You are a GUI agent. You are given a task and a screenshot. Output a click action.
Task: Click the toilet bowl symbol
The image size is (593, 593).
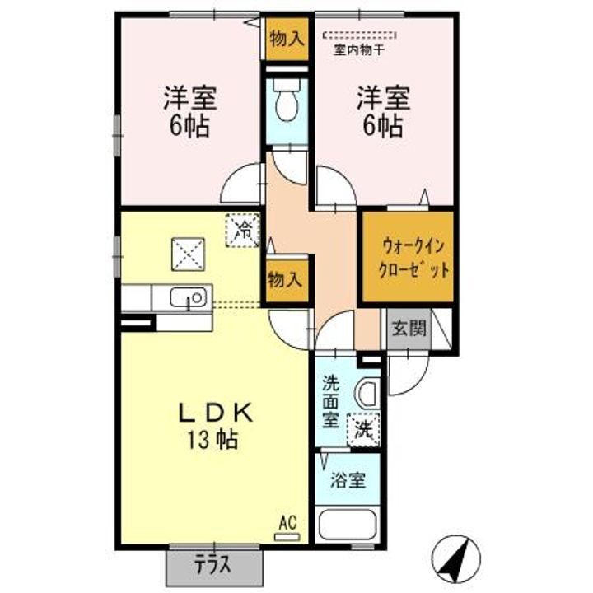pos(287,101)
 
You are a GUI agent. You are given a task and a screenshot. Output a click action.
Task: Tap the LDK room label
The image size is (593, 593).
pos(216,413)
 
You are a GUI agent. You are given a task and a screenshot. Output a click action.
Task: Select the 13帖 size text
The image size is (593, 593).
pos(212,440)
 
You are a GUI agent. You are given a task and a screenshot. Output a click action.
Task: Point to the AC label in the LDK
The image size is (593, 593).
pos(287,524)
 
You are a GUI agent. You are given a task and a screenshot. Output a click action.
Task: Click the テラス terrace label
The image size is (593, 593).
pos(212,565)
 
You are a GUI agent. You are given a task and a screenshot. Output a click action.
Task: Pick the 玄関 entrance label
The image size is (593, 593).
pos(409,328)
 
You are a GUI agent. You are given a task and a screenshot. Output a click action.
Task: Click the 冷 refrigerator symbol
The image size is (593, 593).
pos(243,230)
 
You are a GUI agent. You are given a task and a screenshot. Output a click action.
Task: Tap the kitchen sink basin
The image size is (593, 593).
pos(189,296)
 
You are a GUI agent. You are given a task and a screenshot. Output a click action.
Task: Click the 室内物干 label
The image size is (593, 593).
pos(359,50)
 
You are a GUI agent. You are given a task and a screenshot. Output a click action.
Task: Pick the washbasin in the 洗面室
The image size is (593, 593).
pos(367,394)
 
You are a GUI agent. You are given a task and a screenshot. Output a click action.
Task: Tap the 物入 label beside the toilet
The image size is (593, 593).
pos(287,39)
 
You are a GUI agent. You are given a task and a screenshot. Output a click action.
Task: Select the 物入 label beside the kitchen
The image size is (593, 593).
pos(285,280)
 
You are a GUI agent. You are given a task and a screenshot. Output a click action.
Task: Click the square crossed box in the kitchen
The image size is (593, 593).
pos(188,254)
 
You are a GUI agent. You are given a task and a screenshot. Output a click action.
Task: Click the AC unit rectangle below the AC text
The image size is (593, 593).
pos(287,537)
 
